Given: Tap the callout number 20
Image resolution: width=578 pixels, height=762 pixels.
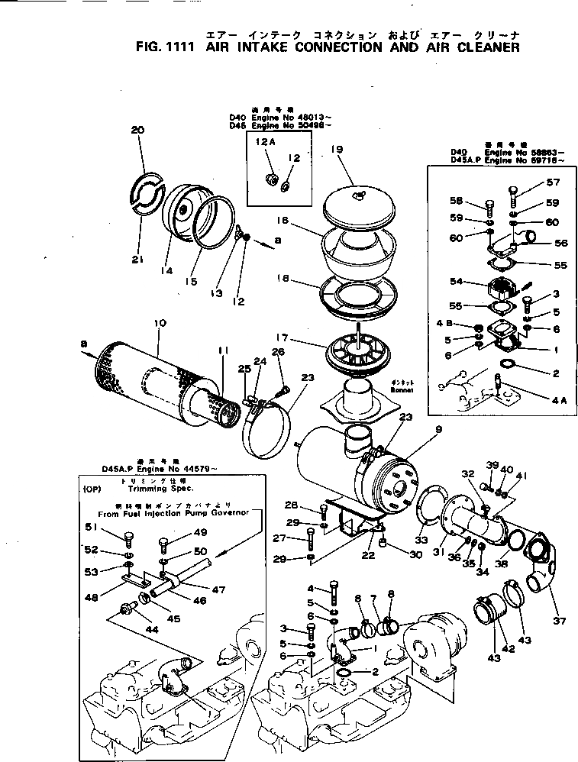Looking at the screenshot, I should pos(137,131).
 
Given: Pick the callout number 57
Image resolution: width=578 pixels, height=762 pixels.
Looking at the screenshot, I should pos(552,182).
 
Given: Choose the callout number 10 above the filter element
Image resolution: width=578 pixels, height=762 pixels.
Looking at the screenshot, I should pos(160,323).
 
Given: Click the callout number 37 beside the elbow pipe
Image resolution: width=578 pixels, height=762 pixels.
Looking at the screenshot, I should pos(560,620).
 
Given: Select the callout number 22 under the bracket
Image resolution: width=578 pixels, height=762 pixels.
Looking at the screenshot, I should pos(369,555).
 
